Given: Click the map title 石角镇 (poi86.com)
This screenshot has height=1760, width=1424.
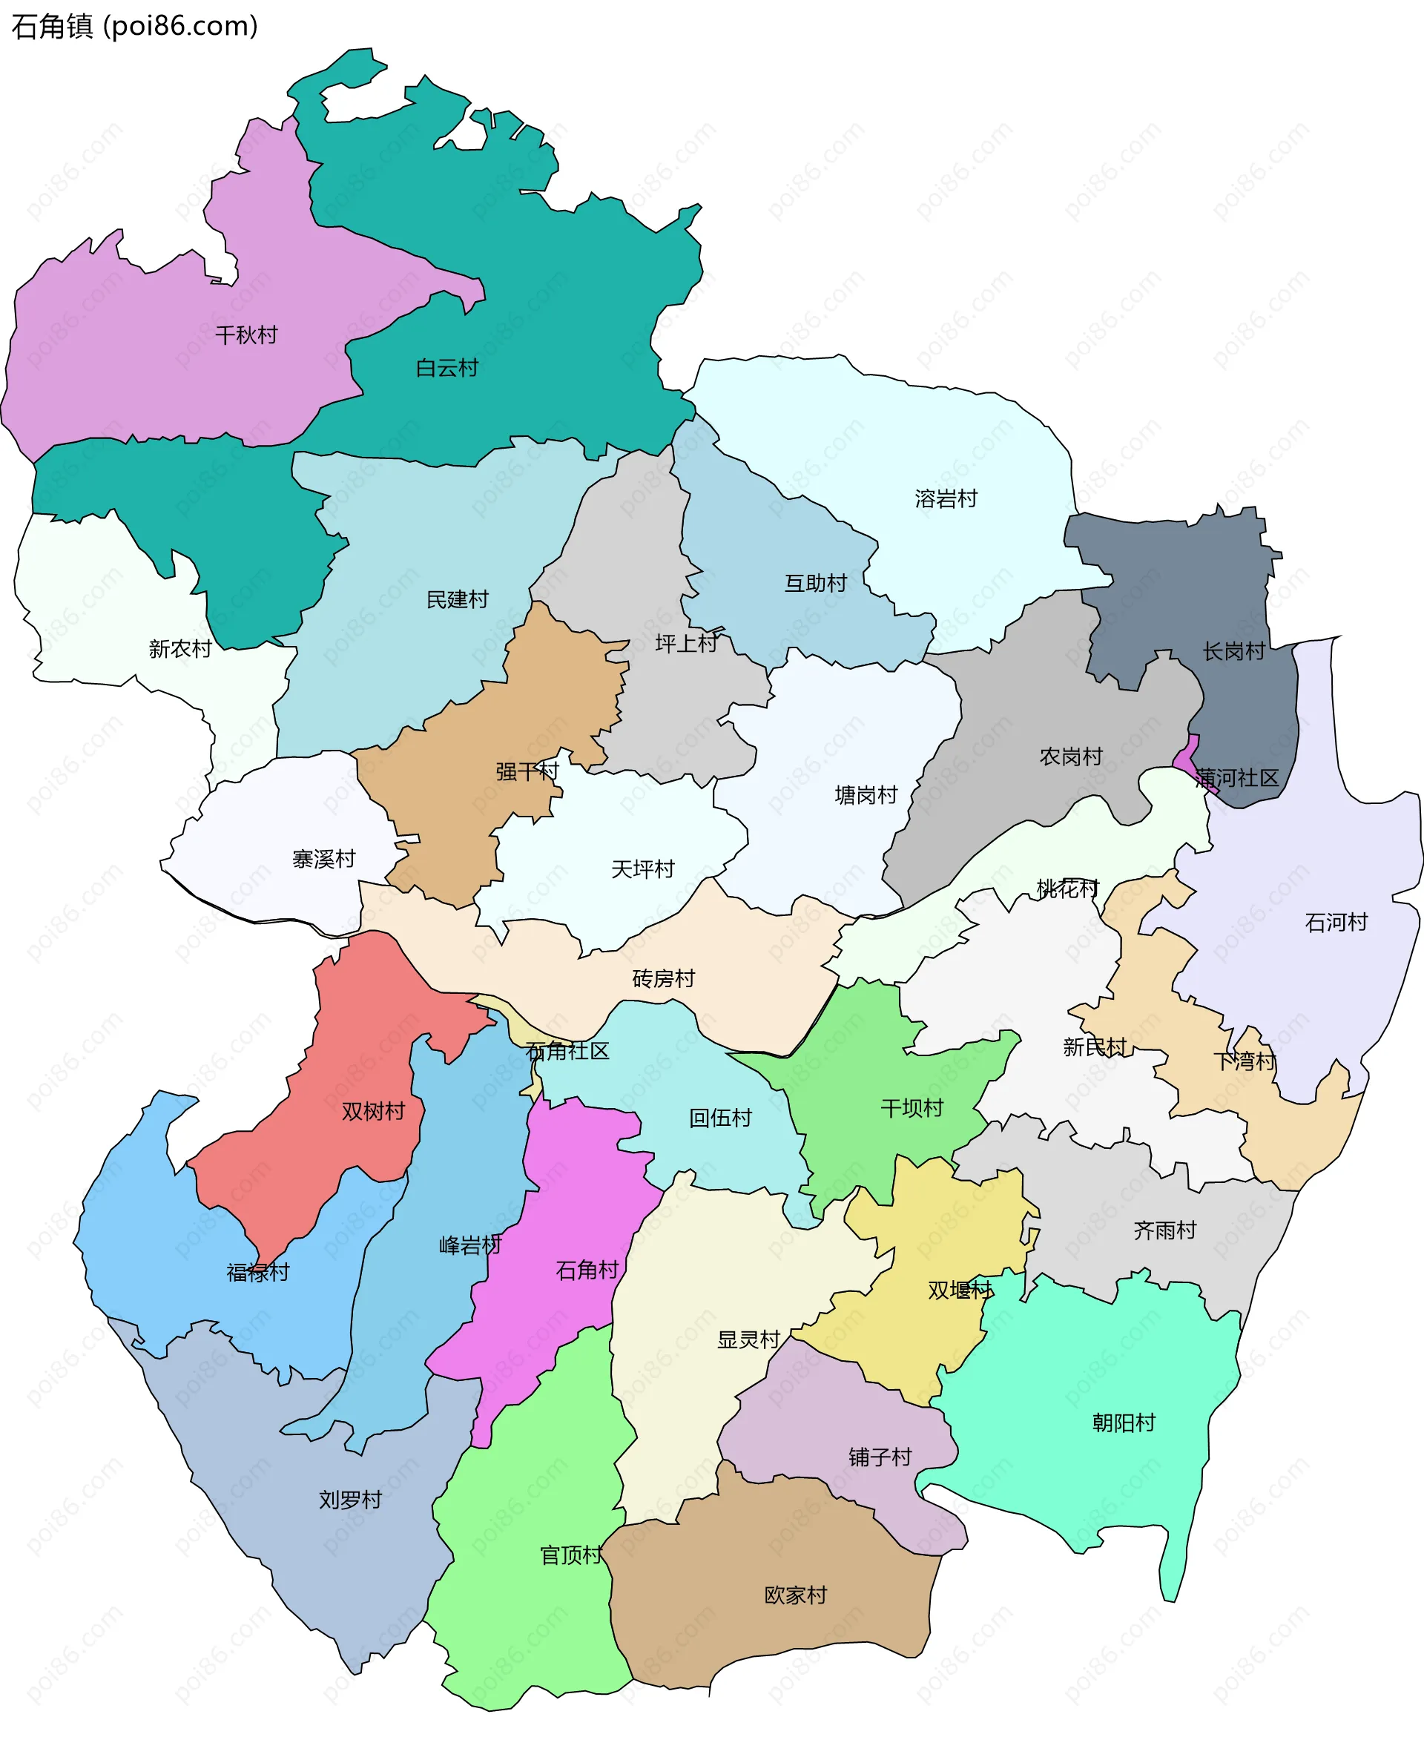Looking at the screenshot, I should (134, 26).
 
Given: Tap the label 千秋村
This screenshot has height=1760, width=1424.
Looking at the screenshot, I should (246, 334).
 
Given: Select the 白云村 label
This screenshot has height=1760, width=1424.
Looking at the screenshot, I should (447, 367).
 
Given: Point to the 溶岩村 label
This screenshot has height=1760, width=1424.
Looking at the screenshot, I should (946, 498).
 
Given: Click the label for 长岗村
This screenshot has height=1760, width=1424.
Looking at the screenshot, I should (1233, 651).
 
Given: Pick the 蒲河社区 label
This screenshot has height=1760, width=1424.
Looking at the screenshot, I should (1237, 777).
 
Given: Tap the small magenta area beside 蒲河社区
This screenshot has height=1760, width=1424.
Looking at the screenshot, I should (1187, 754).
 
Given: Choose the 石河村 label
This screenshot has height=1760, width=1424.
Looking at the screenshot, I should (1336, 923).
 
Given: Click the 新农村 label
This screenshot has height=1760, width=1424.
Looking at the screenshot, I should (180, 649).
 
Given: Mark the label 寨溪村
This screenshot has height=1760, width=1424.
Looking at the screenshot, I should (324, 859).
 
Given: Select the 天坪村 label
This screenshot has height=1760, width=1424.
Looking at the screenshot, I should (642, 869).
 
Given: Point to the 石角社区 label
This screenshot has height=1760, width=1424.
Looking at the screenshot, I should (567, 1051).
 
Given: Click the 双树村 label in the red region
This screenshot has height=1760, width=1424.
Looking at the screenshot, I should (373, 1111).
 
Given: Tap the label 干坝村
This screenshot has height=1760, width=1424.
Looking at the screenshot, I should (912, 1108).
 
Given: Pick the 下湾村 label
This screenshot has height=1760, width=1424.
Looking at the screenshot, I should (1245, 1061).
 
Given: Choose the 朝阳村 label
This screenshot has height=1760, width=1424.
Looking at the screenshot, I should (1124, 1423).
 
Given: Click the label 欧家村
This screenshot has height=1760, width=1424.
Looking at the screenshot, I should (796, 1595).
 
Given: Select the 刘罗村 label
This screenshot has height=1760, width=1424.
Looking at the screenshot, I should (350, 1500).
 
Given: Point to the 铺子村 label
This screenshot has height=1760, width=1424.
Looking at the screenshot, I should (880, 1457).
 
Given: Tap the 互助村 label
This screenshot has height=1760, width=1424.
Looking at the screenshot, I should (815, 583).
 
